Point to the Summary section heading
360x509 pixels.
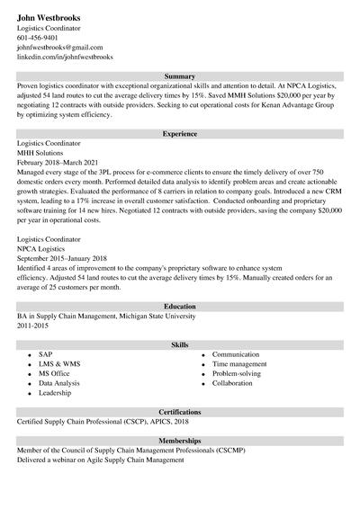(180, 76)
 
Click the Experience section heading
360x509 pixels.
(180, 134)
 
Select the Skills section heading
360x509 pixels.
(180, 344)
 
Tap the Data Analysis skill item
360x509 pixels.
(58, 383)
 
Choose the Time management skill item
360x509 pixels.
(241, 364)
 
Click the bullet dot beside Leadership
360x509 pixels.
(30, 394)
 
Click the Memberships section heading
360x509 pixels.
(180, 441)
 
